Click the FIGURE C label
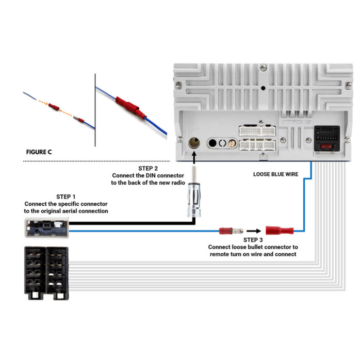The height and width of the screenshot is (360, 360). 39,153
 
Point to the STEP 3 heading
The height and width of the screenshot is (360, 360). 252,240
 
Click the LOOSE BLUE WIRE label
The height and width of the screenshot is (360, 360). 275,174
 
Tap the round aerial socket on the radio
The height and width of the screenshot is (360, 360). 194,142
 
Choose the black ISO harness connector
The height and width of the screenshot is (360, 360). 46,272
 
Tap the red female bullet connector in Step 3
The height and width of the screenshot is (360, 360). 279,231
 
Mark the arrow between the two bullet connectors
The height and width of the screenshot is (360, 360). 252,231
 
